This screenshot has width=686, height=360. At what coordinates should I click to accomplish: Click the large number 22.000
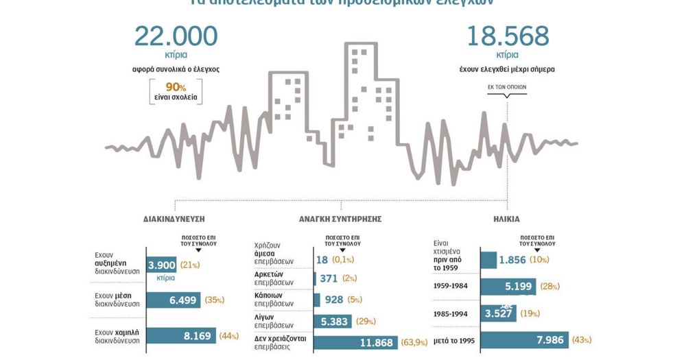pos(176,36)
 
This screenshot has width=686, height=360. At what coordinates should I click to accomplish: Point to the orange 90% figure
pos(175,86)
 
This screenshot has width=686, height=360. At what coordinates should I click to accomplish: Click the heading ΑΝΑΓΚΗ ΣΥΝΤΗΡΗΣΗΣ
pos(340,219)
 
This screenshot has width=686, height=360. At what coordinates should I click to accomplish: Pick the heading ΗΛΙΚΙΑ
pos(506,219)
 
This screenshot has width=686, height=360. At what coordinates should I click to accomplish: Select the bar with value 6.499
pos(174,300)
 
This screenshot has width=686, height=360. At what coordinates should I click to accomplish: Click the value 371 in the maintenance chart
pos(329,278)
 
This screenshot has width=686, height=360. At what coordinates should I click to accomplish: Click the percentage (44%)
pos(229,336)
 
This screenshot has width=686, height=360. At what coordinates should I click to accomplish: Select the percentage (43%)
pos(581,339)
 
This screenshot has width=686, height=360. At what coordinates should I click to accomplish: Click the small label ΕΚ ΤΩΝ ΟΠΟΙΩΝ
pos(506,88)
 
